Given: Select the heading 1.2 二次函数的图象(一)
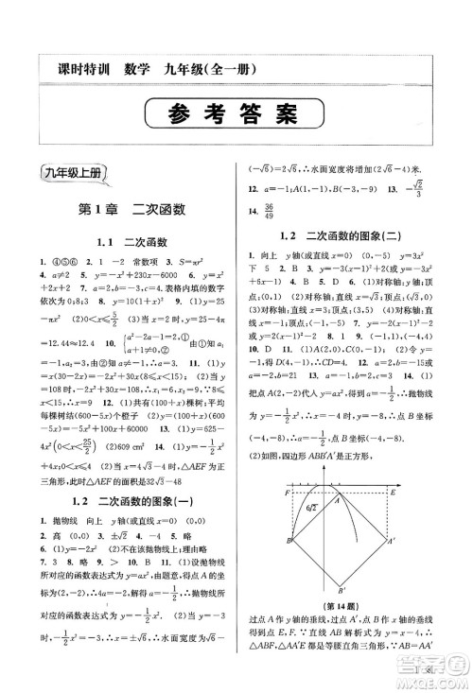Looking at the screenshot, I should [130, 501].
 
